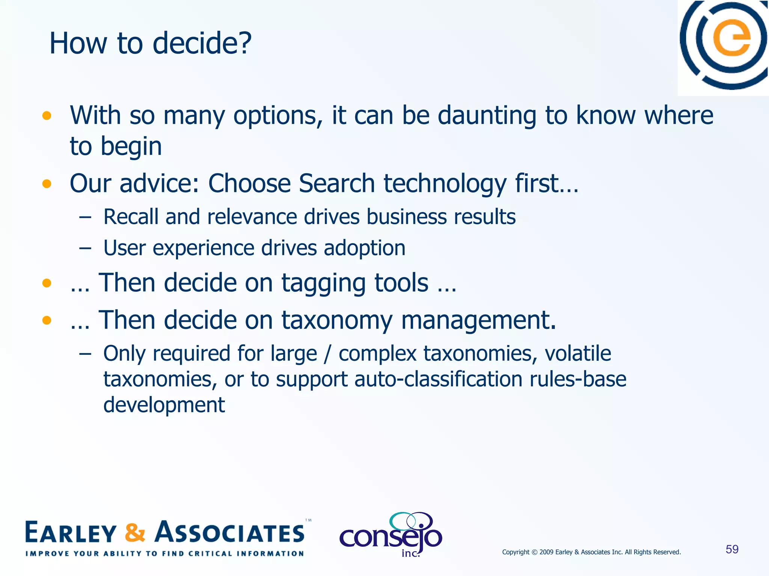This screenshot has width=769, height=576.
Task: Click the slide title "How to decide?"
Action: (150, 43)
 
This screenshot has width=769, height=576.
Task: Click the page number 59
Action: (732, 549)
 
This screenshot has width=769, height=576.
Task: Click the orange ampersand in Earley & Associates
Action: (135, 532)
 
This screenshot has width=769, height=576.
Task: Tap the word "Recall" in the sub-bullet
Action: (131, 217)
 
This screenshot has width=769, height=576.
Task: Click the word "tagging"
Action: (323, 283)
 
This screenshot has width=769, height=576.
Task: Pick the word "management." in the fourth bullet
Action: (478, 321)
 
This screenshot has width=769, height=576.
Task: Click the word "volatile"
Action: (578, 354)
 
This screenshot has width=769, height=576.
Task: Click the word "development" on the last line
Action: (164, 405)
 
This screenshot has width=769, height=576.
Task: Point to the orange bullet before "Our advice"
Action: (47, 184)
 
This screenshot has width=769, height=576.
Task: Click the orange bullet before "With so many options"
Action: (47, 115)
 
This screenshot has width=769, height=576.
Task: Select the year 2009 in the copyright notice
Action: (546, 552)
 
